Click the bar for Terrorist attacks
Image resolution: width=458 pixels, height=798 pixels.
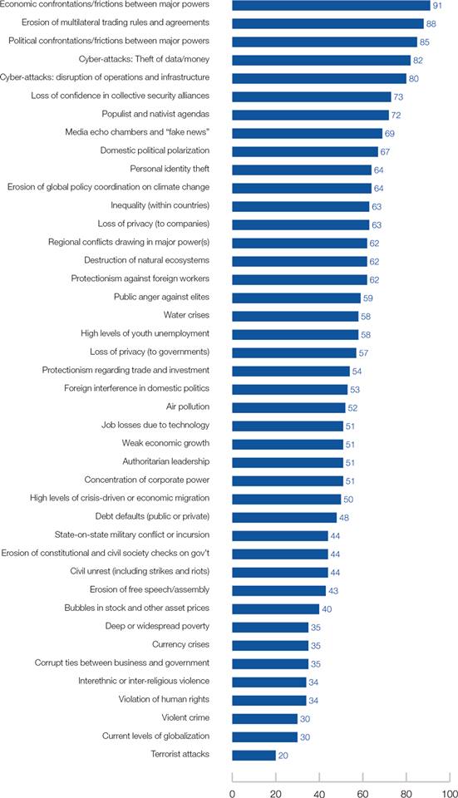coord(254,755)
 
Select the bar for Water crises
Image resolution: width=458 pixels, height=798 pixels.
coord(295,316)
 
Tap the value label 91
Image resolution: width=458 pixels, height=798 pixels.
coord(437,6)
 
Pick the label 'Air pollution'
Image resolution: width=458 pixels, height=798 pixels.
coord(188,406)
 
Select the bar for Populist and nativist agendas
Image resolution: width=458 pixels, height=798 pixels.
coord(310,115)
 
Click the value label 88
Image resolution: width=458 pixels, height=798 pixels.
coord(431,24)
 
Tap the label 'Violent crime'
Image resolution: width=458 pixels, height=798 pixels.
coord(185,717)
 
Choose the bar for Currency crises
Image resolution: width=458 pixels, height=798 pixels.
coord(270,645)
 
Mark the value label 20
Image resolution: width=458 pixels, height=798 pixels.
coord(283,756)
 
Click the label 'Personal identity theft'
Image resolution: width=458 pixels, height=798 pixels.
coord(170,169)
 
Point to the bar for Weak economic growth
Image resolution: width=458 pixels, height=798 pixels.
coord(288,444)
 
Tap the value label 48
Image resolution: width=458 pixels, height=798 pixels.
coord(343,518)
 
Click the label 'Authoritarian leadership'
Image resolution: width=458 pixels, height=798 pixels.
coord(166,461)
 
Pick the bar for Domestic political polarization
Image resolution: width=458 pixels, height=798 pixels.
coord(305,151)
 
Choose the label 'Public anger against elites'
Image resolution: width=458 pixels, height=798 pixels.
coord(161,297)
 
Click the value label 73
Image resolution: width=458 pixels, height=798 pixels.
coord(398,96)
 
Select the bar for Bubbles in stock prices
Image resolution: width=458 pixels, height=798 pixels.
coord(276,608)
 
